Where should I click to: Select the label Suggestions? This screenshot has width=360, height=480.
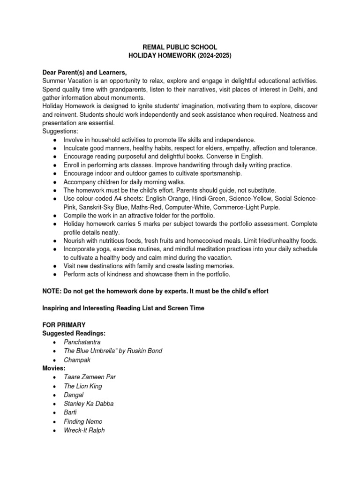(60, 131)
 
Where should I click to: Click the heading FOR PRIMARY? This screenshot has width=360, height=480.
(63, 325)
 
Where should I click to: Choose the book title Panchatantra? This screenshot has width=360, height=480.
(82, 342)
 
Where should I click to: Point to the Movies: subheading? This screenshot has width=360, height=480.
(54, 368)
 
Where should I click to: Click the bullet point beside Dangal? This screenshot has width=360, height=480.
(55, 395)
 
